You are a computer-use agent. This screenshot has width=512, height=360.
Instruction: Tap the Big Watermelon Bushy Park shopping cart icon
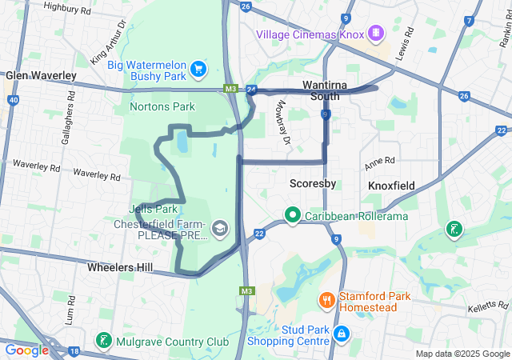197,70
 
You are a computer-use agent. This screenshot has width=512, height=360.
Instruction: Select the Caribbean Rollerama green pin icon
293,215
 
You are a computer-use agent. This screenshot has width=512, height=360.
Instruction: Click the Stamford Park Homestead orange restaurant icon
326,301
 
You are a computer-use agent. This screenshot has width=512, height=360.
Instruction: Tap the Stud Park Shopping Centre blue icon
341,333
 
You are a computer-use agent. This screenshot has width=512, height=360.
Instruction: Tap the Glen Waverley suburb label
41,75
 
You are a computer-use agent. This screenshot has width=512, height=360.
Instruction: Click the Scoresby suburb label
312,183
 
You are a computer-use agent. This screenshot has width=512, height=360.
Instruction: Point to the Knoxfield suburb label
391,186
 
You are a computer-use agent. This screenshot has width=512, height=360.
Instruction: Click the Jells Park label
152,210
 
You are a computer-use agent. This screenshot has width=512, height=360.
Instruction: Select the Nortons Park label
162,106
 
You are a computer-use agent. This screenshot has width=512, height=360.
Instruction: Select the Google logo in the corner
27,350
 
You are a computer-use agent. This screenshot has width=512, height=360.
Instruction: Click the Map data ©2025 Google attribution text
463,354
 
